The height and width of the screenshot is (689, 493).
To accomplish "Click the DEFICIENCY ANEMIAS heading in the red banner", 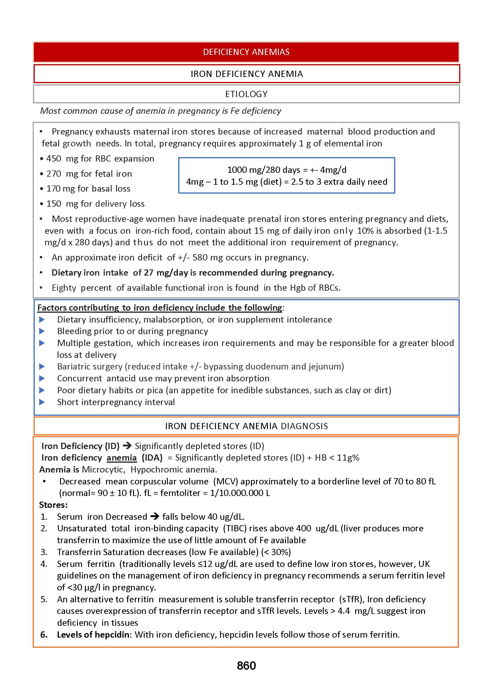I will (x=246, y=52).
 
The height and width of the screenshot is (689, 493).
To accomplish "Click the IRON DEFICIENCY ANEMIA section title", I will (x=246, y=74).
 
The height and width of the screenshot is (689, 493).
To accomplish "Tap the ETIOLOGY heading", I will (x=246, y=94).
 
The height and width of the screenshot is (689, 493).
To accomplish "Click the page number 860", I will (x=246, y=666).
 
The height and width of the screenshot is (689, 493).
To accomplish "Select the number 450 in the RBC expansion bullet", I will (x=54, y=159).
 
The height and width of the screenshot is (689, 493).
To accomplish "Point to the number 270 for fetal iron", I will (x=54, y=174).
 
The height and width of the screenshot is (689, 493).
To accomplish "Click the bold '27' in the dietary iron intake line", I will (x=148, y=273).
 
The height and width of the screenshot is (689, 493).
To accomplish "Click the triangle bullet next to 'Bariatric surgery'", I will (x=42, y=367).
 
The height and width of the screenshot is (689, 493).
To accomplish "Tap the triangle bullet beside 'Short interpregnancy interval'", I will (x=42, y=402).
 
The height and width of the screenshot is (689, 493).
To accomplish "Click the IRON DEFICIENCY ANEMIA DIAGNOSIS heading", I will (x=246, y=426).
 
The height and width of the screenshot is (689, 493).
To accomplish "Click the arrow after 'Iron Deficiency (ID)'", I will (x=127, y=446).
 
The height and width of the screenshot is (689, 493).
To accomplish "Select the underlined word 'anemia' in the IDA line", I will (x=121, y=458).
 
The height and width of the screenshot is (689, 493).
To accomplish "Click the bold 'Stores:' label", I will (x=53, y=505).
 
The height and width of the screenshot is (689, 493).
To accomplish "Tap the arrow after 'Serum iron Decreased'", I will (x=154, y=516).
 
